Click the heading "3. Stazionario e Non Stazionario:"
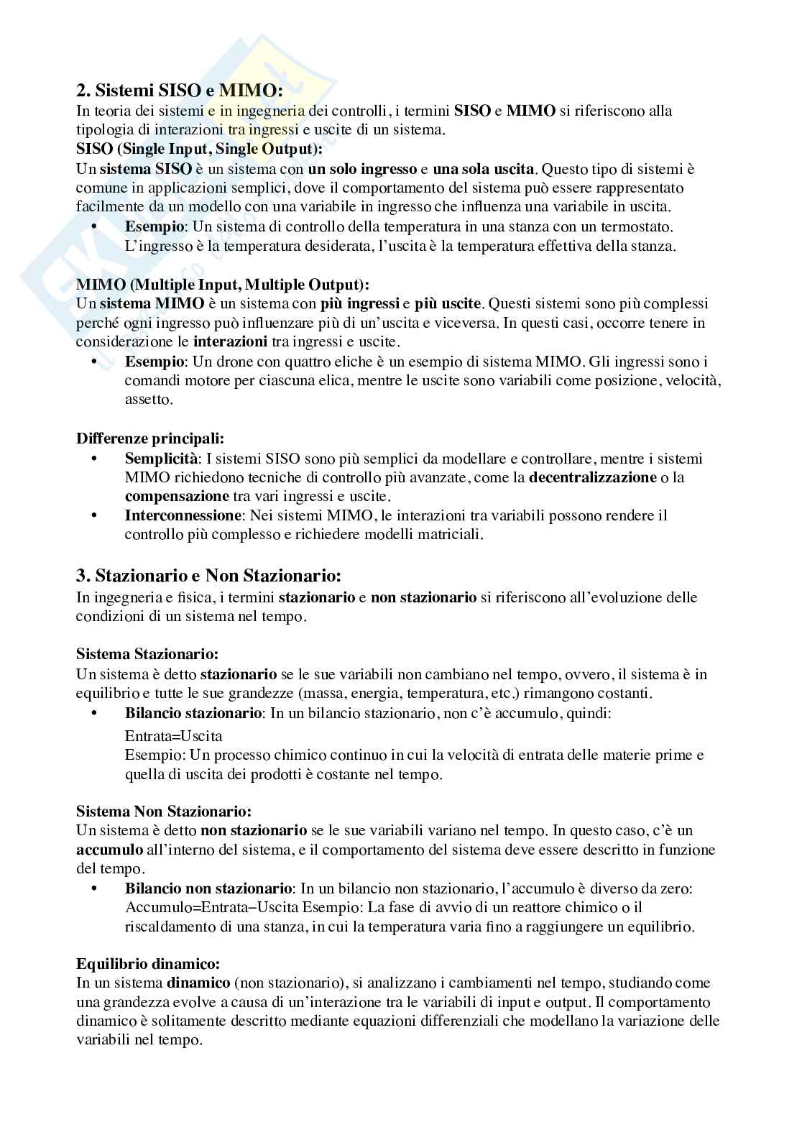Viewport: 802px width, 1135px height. coord(208,576)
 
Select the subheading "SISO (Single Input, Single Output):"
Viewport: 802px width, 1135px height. coord(199,150)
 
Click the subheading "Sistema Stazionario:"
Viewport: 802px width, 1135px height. coord(147,654)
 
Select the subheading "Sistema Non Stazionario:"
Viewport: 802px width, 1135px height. coord(164,812)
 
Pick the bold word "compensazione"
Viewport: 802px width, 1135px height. coord(177,497)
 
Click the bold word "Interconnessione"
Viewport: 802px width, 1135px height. coord(183,515)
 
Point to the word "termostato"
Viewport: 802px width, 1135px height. coord(639,227)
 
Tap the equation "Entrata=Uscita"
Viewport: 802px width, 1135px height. coord(173,736)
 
